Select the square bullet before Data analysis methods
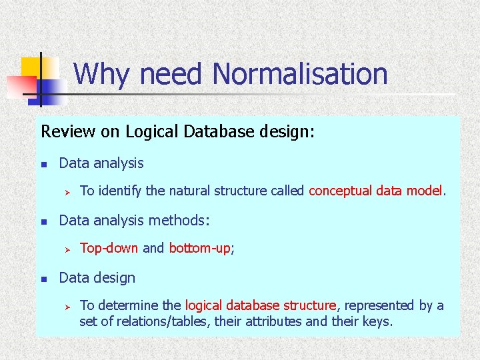click(x=43, y=221)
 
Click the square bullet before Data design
click(x=43, y=278)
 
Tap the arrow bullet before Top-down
click(x=67, y=249)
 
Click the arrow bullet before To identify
click(x=67, y=192)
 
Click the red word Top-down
click(x=109, y=249)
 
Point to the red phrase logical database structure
click(x=261, y=305)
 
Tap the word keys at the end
click(x=377, y=322)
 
